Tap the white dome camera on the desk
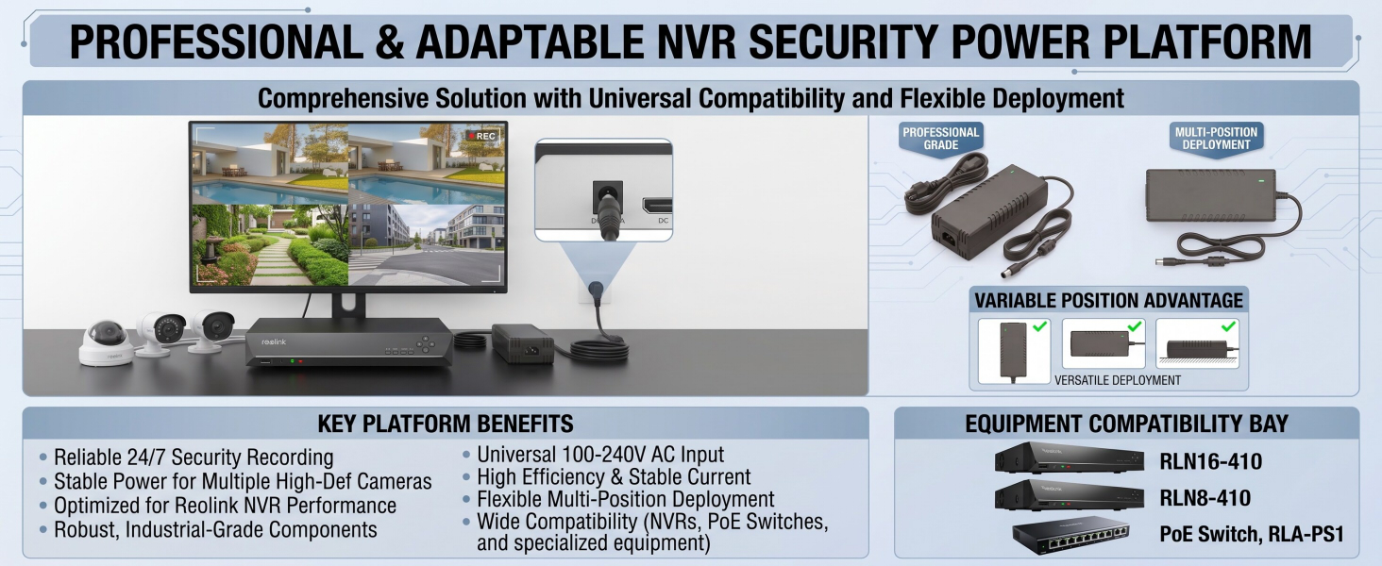(106, 342)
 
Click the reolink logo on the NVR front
(274, 341)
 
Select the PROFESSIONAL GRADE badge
(940, 139)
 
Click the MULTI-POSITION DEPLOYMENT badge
(1216, 139)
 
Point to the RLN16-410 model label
(1210, 461)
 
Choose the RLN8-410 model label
(1205, 497)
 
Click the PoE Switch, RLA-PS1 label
(1252, 534)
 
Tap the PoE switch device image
(1071, 535)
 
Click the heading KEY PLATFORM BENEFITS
(446, 424)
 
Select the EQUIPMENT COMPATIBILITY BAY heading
(1126, 424)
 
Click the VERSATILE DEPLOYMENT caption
(1118, 380)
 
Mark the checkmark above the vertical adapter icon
(1039, 325)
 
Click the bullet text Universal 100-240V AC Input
(599, 455)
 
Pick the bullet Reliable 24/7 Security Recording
(194, 458)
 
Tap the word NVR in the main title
(696, 42)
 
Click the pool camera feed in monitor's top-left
(270, 164)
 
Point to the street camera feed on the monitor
(427, 244)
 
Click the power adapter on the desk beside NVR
(523, 343)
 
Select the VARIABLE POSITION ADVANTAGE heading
(1108, 300)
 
